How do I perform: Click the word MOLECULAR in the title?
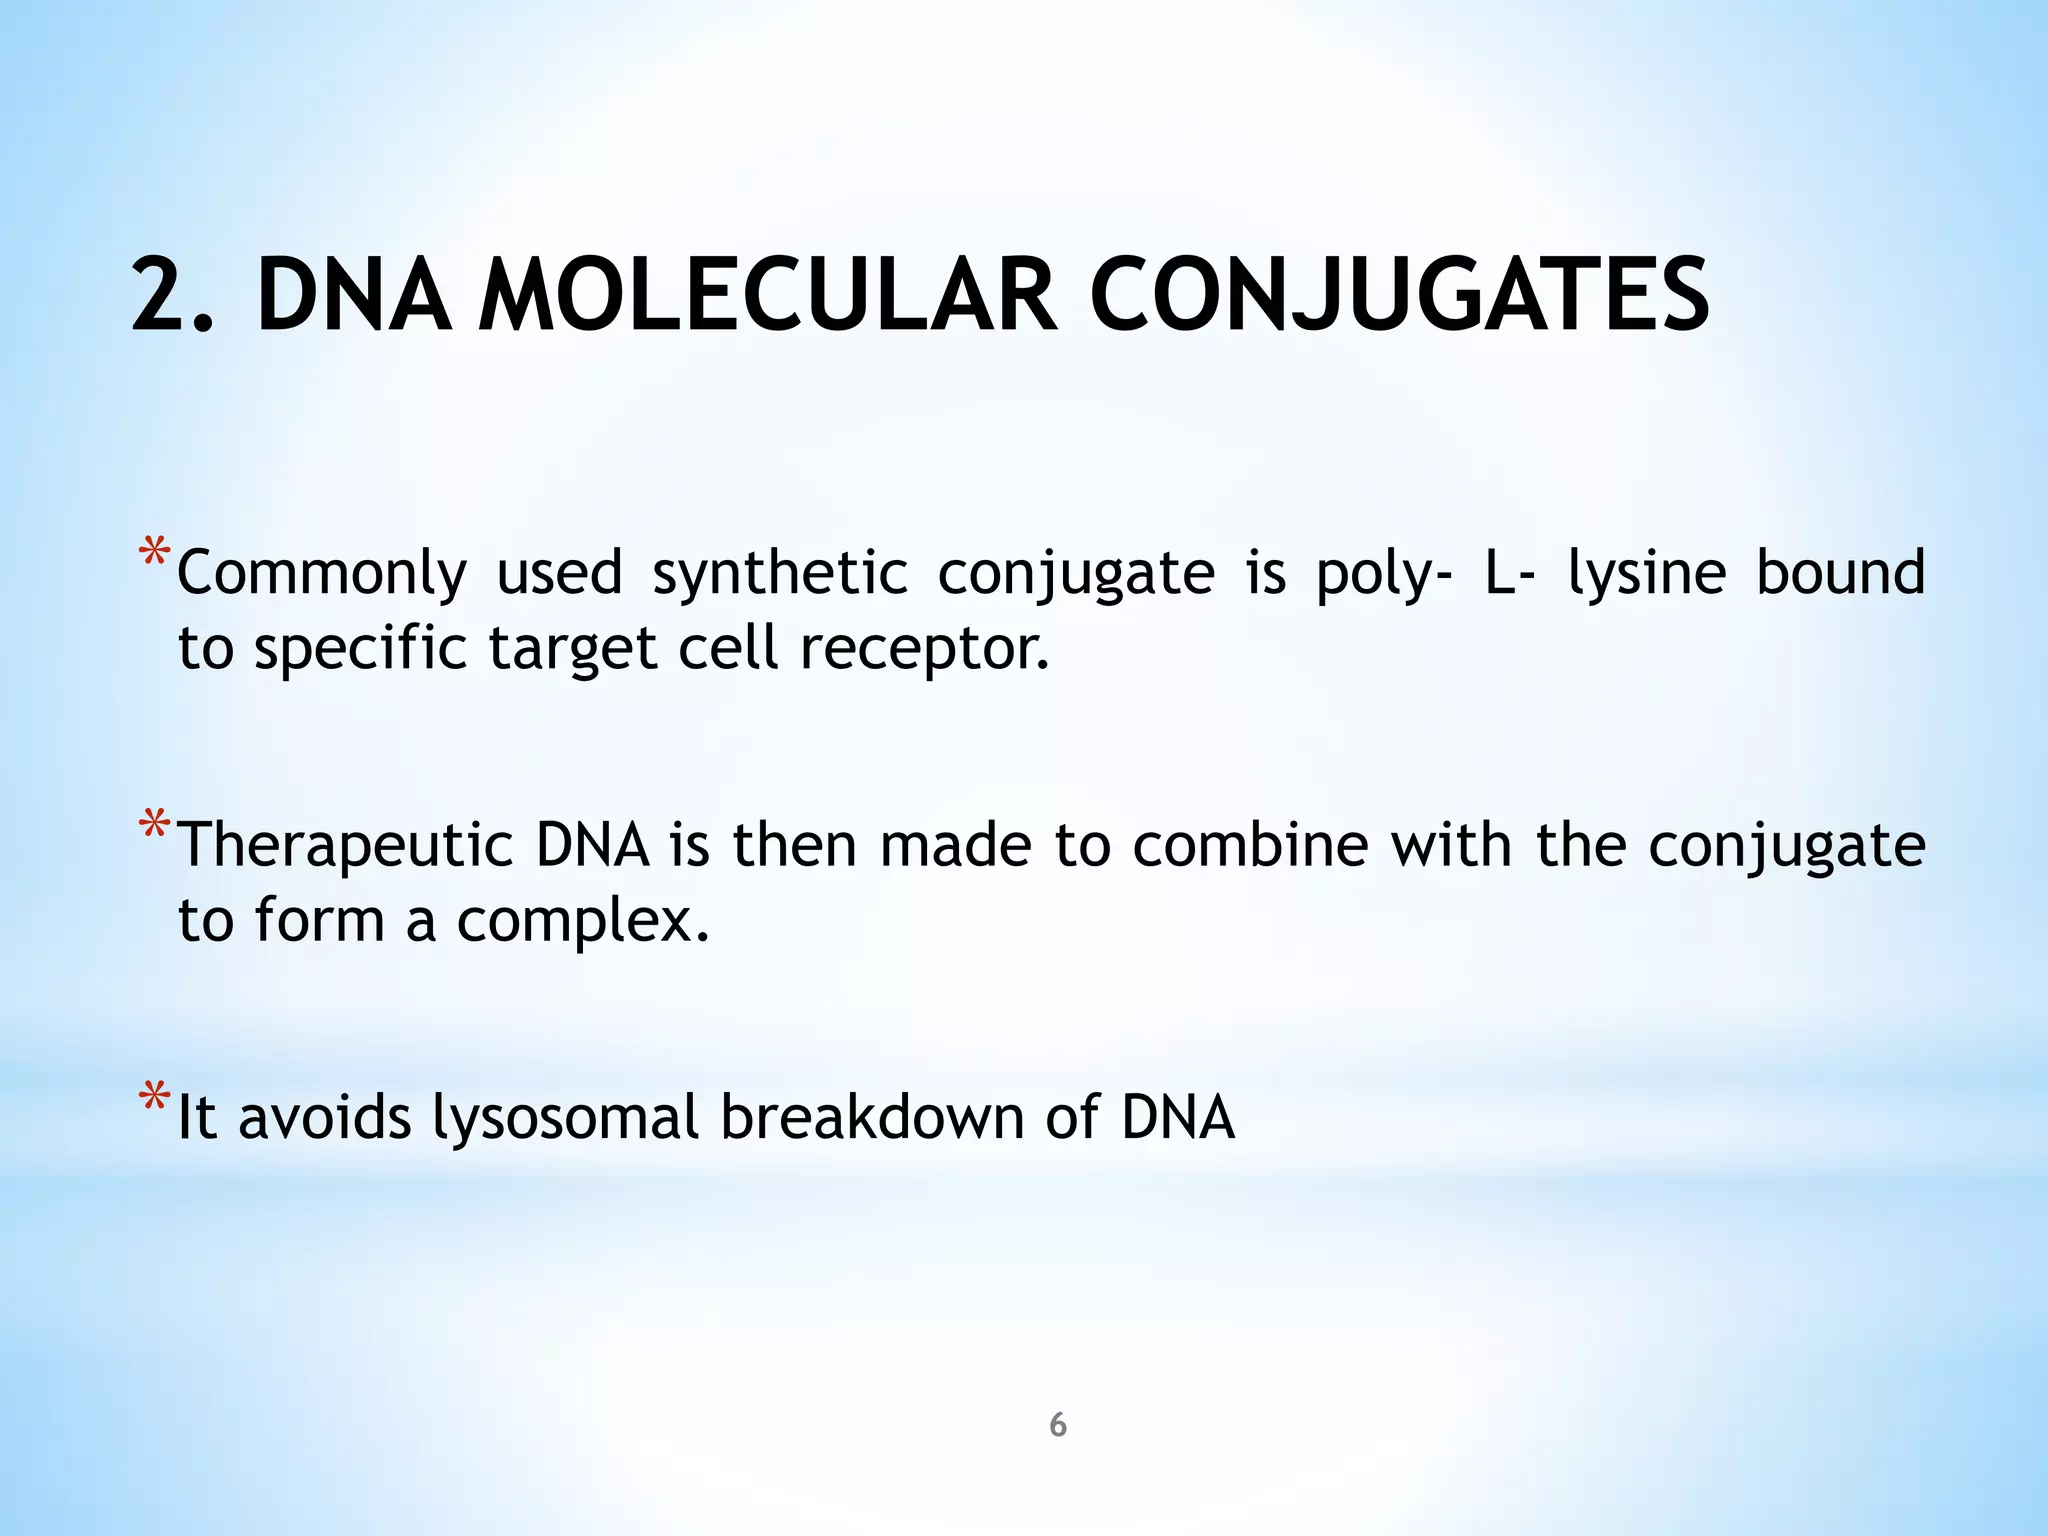click(768, 296)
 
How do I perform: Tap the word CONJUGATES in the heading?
click(1399, 296)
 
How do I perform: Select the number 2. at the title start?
click(173, 296)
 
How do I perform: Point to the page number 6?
click(1057, 1425)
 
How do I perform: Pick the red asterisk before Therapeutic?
click(154, 827)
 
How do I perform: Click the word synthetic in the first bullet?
click(780, 573)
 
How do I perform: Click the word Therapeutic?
click(345, 845)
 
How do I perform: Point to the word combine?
click(1250, 845)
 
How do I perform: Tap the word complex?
click(582, 921)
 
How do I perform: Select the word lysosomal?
click(565, 1117)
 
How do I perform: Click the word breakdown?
click(872, 1117)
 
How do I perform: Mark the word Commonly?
click(322, 573)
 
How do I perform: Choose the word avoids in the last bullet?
click(324, 1117)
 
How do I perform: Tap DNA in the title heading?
click(352, 296)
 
